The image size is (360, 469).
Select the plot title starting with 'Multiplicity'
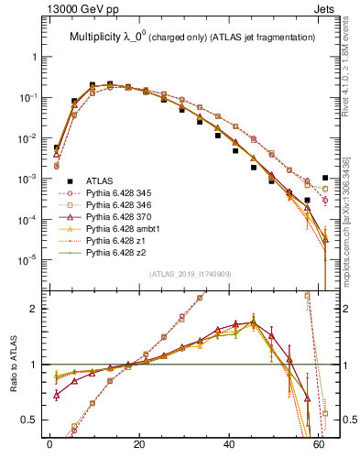tap(188, 37)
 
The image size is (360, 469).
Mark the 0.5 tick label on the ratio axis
tap(34, 420)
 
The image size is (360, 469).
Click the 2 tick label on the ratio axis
tap(38, 309)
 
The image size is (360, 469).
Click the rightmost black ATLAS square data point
tap(325, 178)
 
